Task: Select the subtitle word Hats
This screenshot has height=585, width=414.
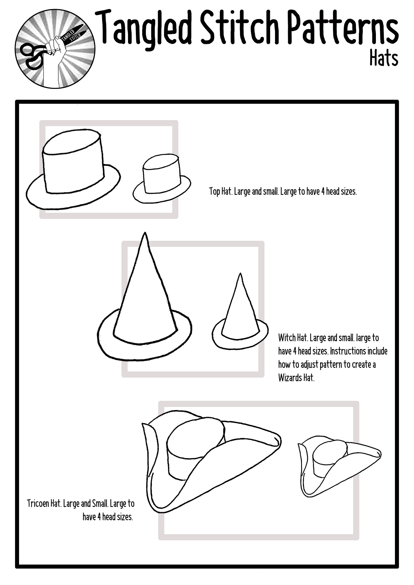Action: pyautogui.click(x=384, y=58)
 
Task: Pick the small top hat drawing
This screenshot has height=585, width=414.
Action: pyautogui.click(x=162, y=179)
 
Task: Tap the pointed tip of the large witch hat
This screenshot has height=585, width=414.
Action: pyautogui.click(x=145, y=233)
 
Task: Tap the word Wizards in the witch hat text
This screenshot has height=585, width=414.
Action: pyautogui.click(x=290, y=378)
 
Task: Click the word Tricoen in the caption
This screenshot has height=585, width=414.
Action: pyautogui.click(x=38, y=504)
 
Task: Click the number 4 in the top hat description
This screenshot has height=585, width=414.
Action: pyautogui.click(x=323, y=192)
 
